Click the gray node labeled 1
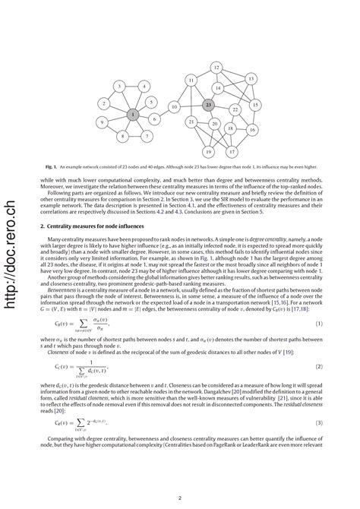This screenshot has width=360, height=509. pos(133,114)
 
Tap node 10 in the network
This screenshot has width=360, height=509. pos(174,107)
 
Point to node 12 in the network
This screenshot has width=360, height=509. pos(216,68)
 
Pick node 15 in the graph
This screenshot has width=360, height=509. pos(255,104)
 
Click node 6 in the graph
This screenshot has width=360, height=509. pos(154,119)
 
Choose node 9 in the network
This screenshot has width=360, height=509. pos(102,122)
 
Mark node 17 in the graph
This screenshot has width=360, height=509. pos(232,151)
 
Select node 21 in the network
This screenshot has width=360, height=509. pos(192,122)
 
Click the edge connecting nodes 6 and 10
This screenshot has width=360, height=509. pos(164,113)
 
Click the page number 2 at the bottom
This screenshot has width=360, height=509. pos(178,498)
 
